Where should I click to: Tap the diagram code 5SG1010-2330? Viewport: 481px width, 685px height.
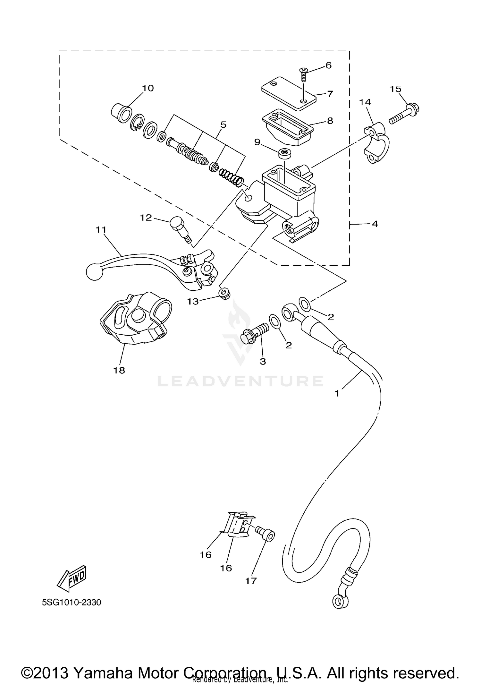click(72, 602)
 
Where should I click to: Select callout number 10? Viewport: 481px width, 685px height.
click(148, 88)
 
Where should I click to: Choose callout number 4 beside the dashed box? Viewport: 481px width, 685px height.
click(375, 224)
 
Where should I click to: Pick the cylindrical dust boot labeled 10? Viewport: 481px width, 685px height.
click(122, 115)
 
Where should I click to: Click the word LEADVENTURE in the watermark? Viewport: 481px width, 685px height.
click(240, 381)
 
